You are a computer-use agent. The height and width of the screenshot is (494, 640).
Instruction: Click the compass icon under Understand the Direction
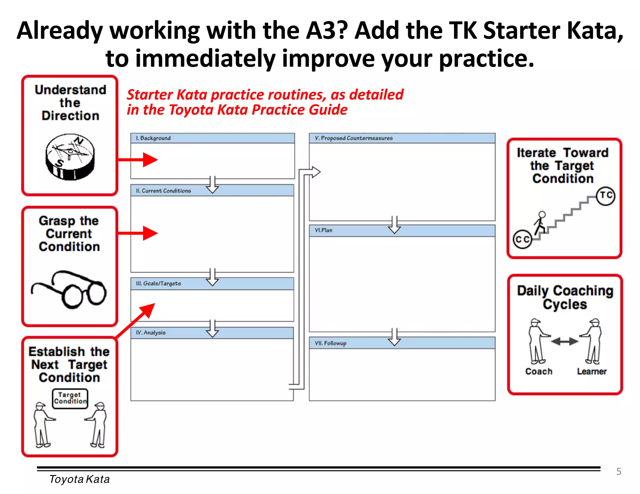click(70, 157)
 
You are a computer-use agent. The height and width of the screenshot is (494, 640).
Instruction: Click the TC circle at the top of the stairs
click(605, 196)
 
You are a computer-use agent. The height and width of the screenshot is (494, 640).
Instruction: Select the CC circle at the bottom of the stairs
click(522, 239)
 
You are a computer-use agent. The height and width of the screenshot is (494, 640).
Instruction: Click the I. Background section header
click(212, 138)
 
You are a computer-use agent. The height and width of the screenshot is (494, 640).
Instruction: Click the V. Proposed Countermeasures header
click(402, 138)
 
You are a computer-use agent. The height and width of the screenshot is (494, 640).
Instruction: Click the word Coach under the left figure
click(539, 371)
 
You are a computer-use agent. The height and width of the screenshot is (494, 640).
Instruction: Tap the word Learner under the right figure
click(592, 371)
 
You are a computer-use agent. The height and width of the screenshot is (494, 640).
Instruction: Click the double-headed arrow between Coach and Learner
click(564, 341)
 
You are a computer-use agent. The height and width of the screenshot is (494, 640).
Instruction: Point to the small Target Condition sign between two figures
click(70, 398)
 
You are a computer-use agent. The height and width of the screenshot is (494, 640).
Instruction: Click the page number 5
click(618, 471)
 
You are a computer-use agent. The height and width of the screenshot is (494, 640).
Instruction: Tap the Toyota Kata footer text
click(79, 479)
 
